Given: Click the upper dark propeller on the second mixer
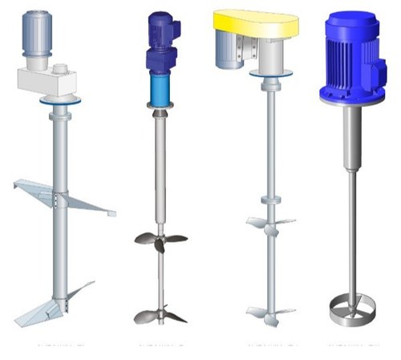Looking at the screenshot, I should coord(160,238).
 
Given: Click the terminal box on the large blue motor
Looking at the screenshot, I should coord(375,56).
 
